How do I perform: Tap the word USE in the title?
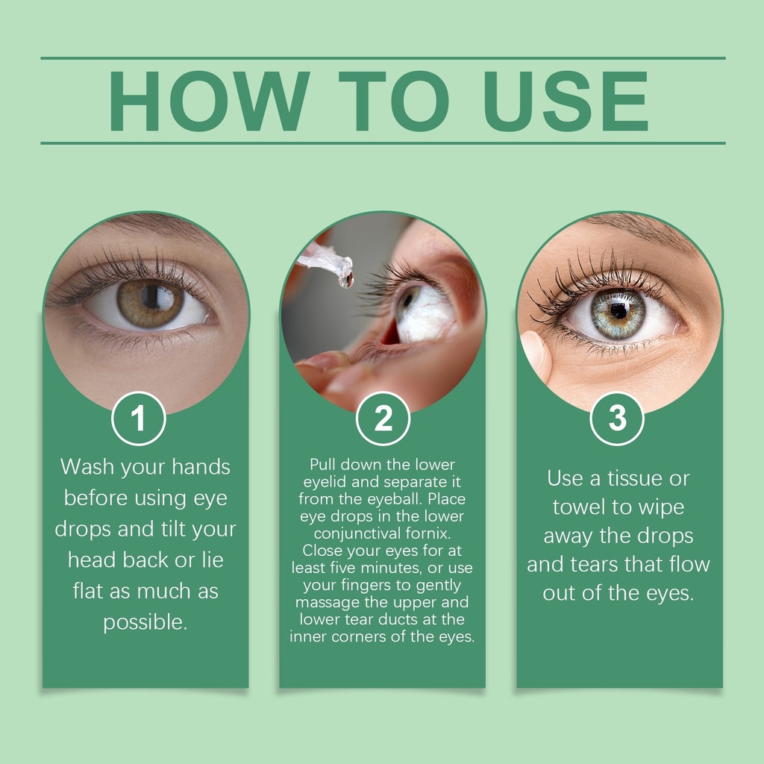[x=566, y=101]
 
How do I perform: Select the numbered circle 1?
[x=139, y=419]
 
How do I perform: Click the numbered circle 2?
[x=383, y=419]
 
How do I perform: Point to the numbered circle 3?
[x=617, y=419]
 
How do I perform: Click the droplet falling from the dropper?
[x=346, y=280]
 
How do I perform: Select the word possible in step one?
[x=145, y=623]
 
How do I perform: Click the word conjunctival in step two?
[x=357, y=533]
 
